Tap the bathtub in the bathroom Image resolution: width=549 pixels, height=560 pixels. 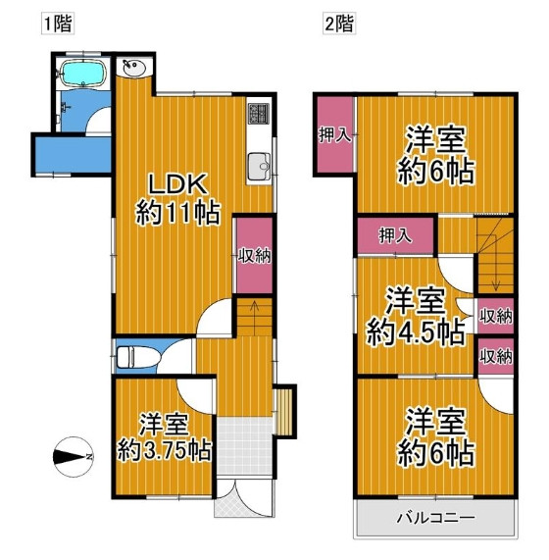pos(83,74)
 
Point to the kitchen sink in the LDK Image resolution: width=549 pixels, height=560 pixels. pos(258,168)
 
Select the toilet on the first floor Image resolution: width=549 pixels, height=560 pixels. pos(133,357)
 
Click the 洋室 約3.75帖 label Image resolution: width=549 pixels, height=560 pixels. pos(163,438)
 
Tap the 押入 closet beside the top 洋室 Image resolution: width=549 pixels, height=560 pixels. pos(335,136)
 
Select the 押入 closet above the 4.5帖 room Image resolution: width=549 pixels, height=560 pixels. pos(394,235)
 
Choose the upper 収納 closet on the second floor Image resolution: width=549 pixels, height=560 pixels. pos(496,316)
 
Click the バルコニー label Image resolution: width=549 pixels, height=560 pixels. pos(435,517)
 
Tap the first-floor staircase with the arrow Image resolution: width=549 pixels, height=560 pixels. pos(252,317)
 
